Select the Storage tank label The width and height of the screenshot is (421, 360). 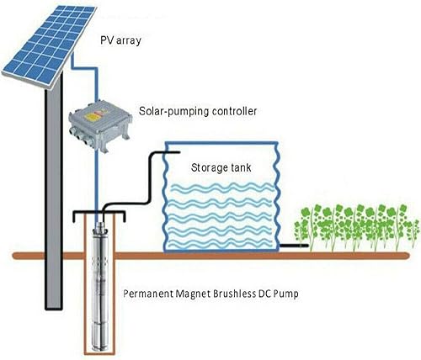220,167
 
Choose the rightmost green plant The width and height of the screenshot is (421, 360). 403,225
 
